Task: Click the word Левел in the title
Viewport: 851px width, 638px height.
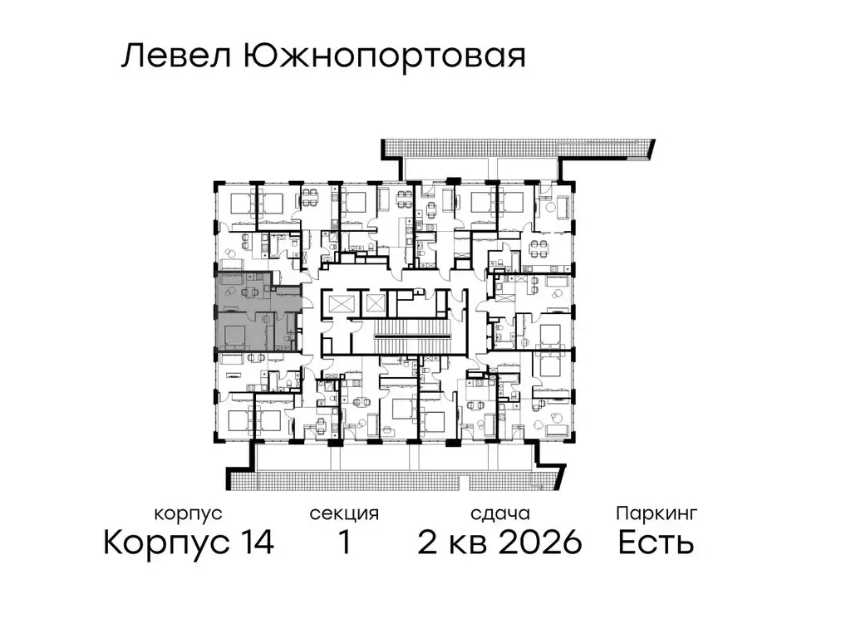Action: coord(176,56)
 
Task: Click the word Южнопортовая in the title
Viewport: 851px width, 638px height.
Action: coord(385,56)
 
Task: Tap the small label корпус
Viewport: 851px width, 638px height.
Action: coord(189,513)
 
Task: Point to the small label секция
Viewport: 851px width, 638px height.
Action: coord(343,513)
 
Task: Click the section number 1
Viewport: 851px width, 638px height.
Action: coord(343,543)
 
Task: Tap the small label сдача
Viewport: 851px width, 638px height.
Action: coord(499,513)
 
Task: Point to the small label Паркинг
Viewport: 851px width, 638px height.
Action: coord(656,513)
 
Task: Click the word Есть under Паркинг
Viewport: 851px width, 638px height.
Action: coord(656,543)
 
